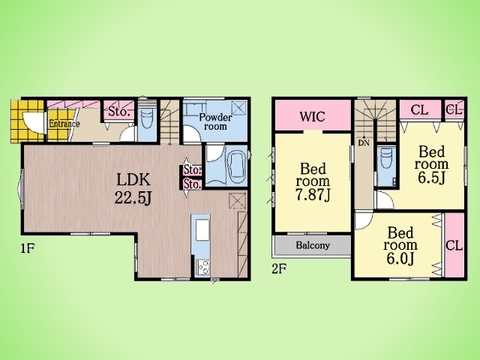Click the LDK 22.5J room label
click(x=133, y=189)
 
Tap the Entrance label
click(x=64, y=124)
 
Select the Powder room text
click(x=215, y=122)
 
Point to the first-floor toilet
click(x=147, y=121)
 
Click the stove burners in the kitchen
click(x=202, y=267)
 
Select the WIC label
click(x=312, y=117)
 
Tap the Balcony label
click(x=313, y=246)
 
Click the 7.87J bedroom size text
click(x=313, y=195)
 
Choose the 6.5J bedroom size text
click(x=432, y=178)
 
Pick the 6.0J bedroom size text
click(x=400, y=258)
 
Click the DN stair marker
click(x=364, y=144)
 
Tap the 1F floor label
click(x=28, y=248)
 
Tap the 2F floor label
click(x=279, y=269)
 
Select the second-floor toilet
click(x=387, y=158)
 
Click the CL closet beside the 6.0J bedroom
click(x=454, y=246)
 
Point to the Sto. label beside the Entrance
click(x=118, y=112)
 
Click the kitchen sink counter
click(x=202, y=230)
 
